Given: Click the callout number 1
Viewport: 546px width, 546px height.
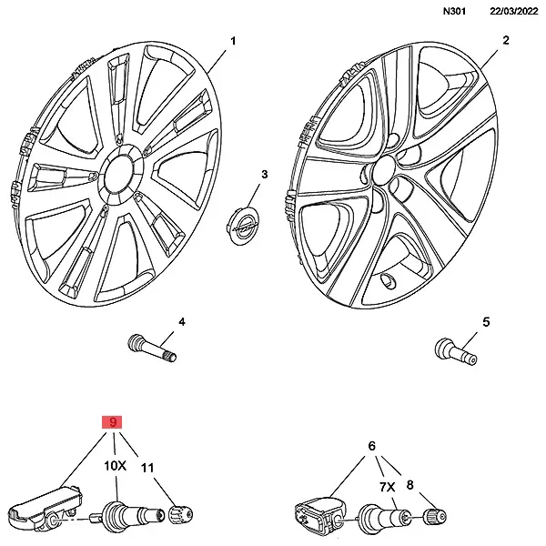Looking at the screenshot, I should click(233, 42).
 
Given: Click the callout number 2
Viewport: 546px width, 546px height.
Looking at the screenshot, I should click(505, 41).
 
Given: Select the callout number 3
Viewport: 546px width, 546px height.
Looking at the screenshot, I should click(265, 174).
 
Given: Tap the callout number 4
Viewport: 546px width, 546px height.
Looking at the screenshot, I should click(181, 322).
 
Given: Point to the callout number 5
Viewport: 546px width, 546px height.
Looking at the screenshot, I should click(485, 322).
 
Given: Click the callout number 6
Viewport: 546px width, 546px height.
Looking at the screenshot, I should click(372, 446).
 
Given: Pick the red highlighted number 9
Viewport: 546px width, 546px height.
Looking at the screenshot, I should click(113, 422).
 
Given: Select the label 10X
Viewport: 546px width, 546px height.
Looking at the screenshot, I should click(114, 466).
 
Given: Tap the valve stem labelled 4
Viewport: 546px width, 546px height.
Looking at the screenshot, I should click(150, 347).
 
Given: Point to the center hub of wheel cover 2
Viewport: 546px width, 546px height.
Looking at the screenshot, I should click(384, 169).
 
